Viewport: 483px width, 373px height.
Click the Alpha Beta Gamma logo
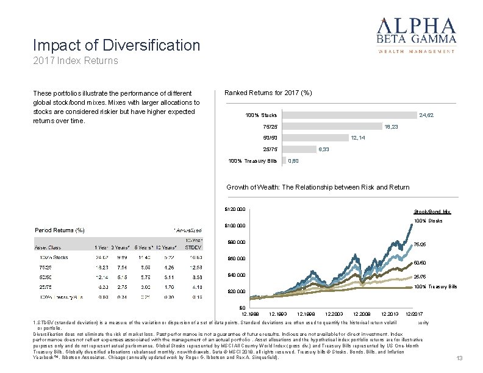[417, 35]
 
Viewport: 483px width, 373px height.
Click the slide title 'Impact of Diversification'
[116, 45]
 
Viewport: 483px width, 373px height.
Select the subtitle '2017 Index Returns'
[76, 61]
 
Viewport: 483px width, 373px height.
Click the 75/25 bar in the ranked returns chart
[332, 127]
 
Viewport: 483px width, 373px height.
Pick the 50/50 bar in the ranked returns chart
[315, 138]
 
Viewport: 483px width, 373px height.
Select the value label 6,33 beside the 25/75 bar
[324, 149]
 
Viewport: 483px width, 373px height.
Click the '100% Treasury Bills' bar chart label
[252, 161]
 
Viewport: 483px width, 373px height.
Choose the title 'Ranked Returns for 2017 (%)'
[268, 93]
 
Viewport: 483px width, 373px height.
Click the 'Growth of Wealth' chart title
[318, 187]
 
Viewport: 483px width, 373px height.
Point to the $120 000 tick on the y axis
[235, 209]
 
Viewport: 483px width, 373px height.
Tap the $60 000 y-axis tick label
[235, 258]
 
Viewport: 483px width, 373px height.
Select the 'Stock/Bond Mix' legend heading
[432, 211]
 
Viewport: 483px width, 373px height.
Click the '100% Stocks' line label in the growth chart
[428, 221]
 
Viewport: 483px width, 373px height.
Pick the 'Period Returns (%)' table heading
[60, 230]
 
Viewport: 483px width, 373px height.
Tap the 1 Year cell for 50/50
[101, 276]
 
